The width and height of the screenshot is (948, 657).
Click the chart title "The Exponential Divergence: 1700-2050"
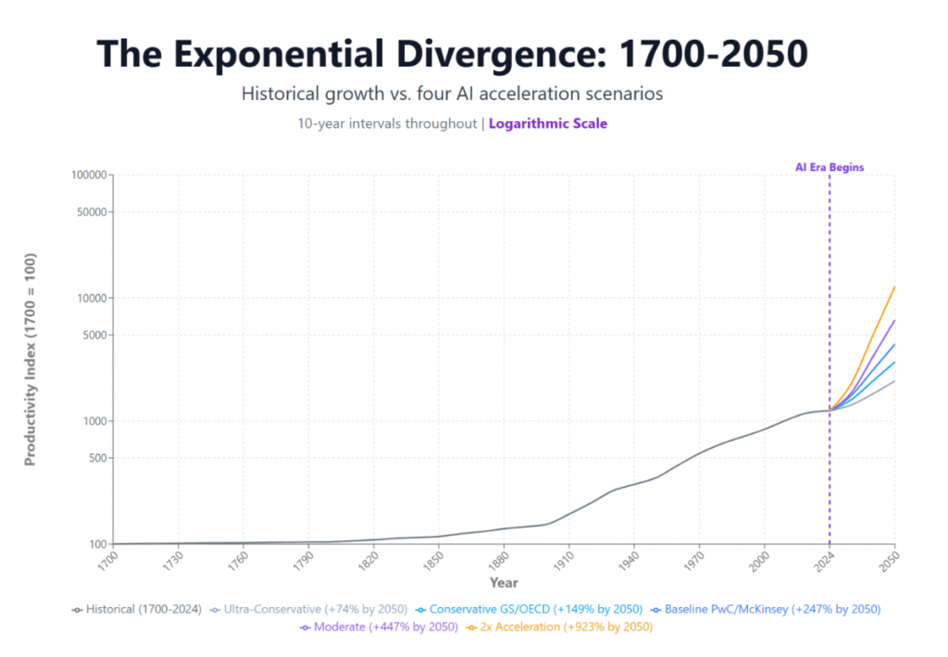click(453, 56)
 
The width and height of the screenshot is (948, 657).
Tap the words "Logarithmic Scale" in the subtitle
click(548, 123)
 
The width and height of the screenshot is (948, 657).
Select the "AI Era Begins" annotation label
click(829, 167)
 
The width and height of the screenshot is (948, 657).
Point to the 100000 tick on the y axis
click(91, 175)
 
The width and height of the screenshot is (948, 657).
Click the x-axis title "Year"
click(504, 583)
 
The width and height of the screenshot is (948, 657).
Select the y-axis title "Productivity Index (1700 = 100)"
click(31, 358)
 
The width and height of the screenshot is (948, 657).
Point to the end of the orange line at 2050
click(894, 287)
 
